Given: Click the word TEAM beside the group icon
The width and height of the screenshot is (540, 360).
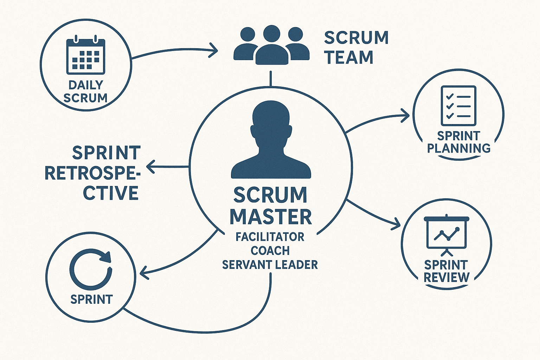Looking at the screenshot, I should [x=349, y=58].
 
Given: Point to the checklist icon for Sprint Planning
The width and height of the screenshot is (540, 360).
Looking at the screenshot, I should [x=458, y=106].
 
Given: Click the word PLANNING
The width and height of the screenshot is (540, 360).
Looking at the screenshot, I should [x=459, y=148].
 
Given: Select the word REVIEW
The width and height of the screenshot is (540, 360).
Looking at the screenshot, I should [x=446, y=277].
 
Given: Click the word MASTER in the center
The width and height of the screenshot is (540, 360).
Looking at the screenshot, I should [x=271, y=217].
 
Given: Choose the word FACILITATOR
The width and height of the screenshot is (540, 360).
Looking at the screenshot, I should [x=270, y=237].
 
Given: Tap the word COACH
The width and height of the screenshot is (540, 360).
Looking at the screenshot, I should [x=270, y=251].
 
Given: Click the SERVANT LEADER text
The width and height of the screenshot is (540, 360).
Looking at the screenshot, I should [x=270, y=264].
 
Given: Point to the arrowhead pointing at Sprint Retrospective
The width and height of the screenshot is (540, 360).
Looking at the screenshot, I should [x=150, y=167].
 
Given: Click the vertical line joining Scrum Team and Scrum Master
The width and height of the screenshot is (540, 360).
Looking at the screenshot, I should [x=271, y=78].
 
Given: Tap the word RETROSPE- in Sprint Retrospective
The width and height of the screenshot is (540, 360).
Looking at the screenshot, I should [x=92, y=173].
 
